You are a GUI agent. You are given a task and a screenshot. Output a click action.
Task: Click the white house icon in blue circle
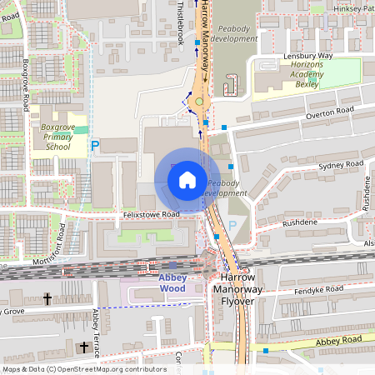187,179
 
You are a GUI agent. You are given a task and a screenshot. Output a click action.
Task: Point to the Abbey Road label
339,340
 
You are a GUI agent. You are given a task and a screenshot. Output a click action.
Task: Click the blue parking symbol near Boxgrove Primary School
95,145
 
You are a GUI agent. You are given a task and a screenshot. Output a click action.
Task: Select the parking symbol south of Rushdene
232,225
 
